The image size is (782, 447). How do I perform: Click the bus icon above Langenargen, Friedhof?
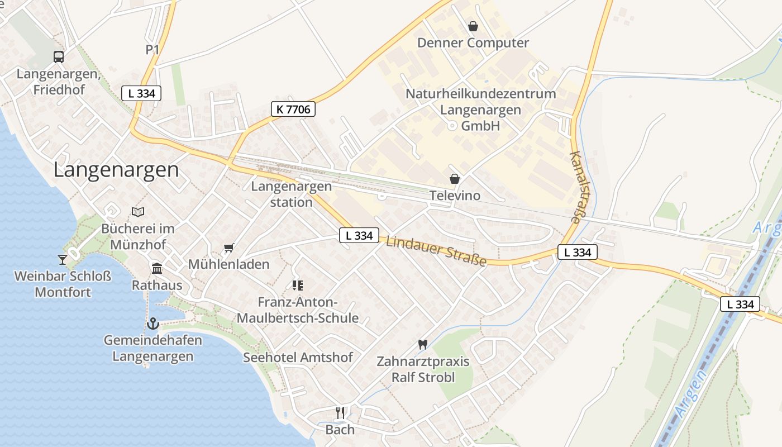[59, 56]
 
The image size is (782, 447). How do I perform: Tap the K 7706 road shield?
[293, 109]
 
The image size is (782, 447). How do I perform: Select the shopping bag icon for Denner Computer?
[473, 26]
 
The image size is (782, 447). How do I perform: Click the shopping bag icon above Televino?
[455, 179]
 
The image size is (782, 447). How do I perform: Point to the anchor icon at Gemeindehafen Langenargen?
[152, 324]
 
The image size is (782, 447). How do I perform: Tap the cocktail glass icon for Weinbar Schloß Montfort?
[62, 259]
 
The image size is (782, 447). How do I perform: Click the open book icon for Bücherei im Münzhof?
[138, 212]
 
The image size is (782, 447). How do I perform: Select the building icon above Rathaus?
[157, 269]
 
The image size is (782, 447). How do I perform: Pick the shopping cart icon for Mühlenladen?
[228, 248]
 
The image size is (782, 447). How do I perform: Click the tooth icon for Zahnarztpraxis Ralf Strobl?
[422, 345]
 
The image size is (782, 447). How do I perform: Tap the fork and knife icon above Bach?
[340, 413]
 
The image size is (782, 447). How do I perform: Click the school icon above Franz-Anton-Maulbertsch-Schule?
[298, 286]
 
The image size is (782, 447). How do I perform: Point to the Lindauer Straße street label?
[436, 251]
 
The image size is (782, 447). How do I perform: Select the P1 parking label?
[152, 50]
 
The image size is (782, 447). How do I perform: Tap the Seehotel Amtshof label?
[298, 358]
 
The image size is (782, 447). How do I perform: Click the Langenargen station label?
[291, 194]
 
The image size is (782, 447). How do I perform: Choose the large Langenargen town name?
[116, 170]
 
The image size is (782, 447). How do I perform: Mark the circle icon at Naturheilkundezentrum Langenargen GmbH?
[452, 126]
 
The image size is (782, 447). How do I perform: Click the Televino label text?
[455, 196]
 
